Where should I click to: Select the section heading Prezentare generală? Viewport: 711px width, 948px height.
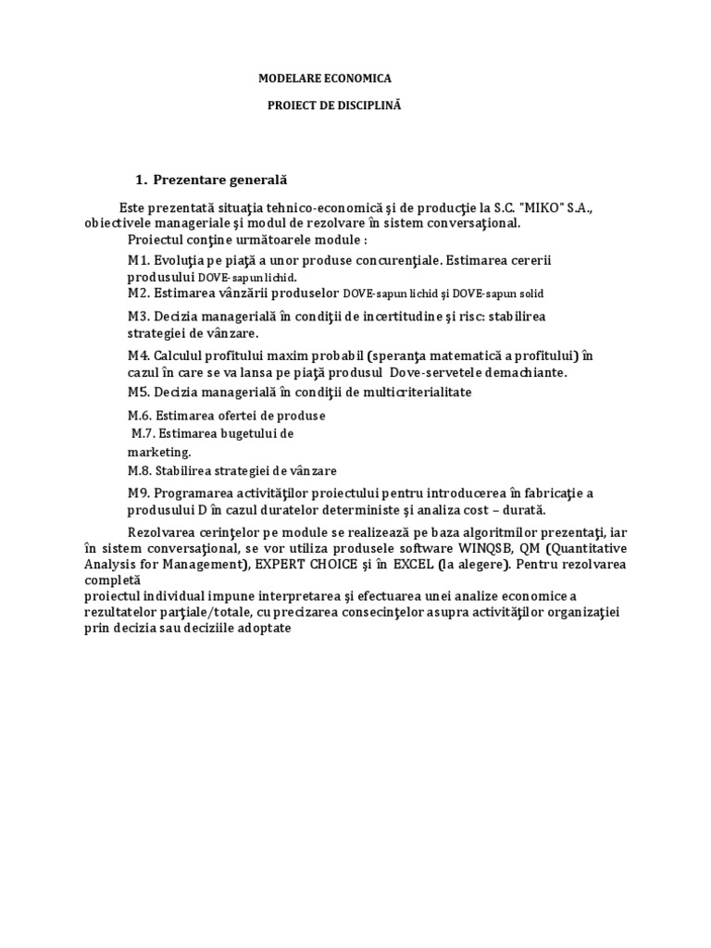[x=214, y=179]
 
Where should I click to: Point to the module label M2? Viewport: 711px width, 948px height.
[x=139, y=293]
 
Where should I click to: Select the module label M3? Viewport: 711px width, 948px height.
[x=139, y=317]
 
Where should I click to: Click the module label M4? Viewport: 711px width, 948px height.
[x=139, y=355]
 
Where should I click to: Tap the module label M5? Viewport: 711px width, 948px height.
[x=139, y=393]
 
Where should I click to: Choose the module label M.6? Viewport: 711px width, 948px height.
[x=141, y=417]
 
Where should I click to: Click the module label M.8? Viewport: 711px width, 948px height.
[x=141, y=470]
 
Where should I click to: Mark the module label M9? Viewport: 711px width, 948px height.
[x=139, y=493]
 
